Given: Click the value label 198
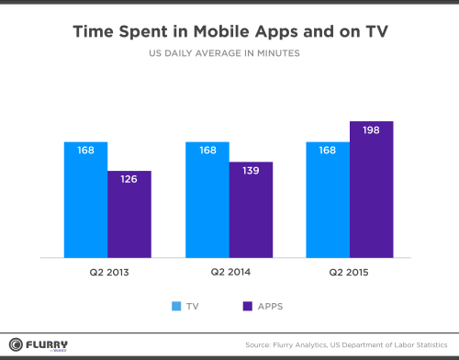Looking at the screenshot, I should [372, 131].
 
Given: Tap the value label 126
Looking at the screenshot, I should [129, 181].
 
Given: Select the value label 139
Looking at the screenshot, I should [251, 171].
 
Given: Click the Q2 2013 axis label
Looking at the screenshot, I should [106, 274].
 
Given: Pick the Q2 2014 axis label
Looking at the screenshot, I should [229, 274].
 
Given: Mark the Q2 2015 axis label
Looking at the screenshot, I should [350, 274].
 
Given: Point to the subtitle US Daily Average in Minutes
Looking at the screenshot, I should [229, 54].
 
